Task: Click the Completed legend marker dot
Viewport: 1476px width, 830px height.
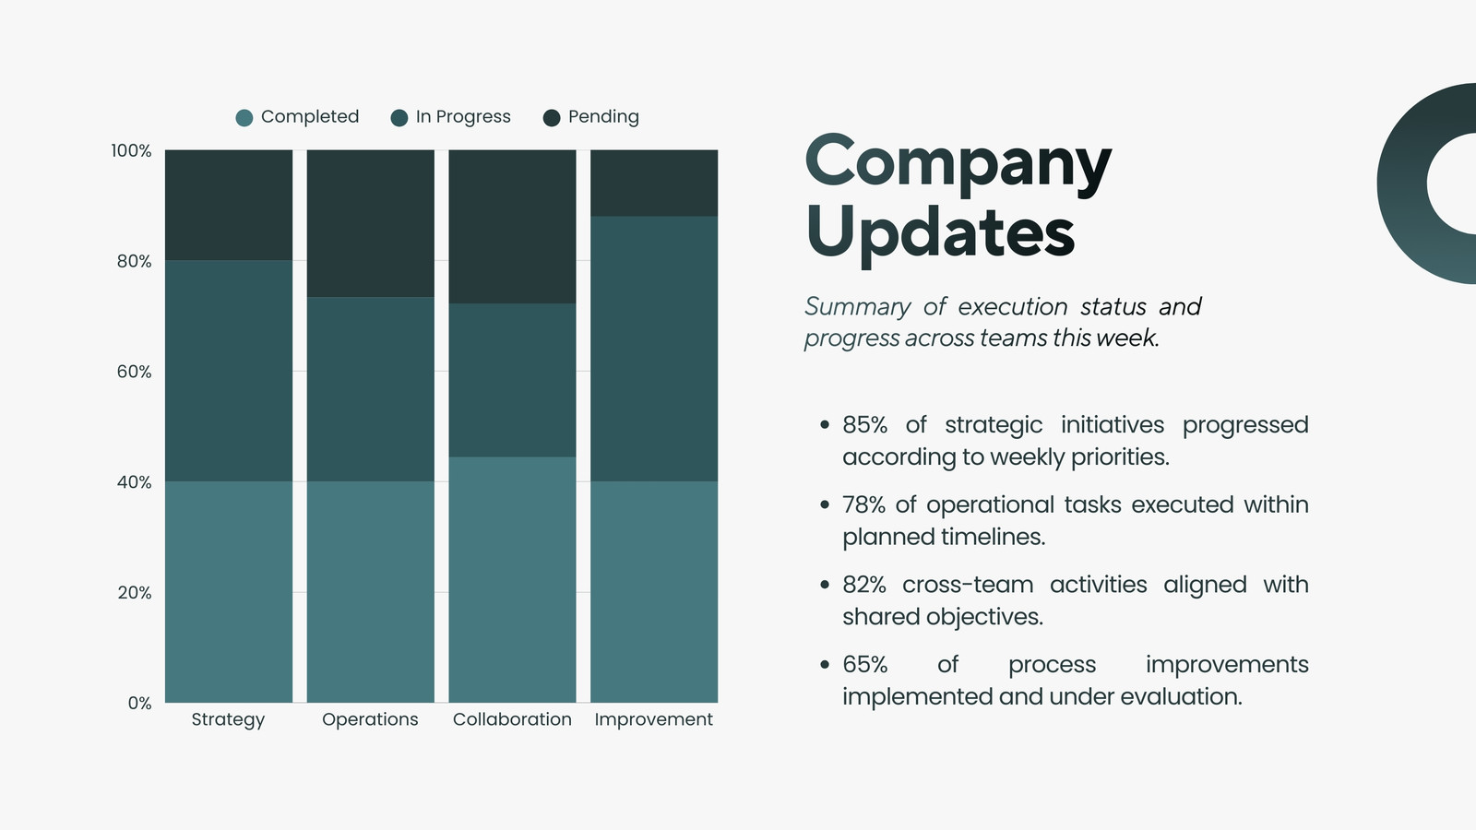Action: click(x=244, y=118)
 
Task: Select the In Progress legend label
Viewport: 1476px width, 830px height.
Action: click(x=463, y=116)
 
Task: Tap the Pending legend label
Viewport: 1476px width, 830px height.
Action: click(x=603, y=116)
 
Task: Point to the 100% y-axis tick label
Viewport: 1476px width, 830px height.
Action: click(x=131, y=151)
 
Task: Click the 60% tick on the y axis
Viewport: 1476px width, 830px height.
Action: click(x=135, y=372)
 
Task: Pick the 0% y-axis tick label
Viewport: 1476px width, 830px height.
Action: click(x=139, y=703)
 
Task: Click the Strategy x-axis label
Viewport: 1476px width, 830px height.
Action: click(x=228, y=719)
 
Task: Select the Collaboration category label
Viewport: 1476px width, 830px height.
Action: click(x=512, y=719)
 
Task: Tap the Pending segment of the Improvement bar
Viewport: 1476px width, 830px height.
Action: click(x=654, y=184)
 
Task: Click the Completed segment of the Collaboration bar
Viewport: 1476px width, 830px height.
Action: click(x=513, y=580)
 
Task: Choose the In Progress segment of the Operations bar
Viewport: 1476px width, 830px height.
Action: click(x=370, y=389)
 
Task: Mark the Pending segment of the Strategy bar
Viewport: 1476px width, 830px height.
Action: click(x=229, y=205)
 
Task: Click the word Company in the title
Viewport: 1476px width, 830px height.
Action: click(x=958, y=162)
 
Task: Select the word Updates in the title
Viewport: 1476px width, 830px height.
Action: click(x=940, y=233)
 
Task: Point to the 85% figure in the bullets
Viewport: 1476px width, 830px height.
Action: click(x=865, y=425)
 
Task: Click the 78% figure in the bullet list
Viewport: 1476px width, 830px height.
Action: click(x=863, y=504)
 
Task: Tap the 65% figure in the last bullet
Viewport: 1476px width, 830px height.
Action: click(x=865, y=665)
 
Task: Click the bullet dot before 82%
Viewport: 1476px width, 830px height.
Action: click(x=825, y=585)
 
